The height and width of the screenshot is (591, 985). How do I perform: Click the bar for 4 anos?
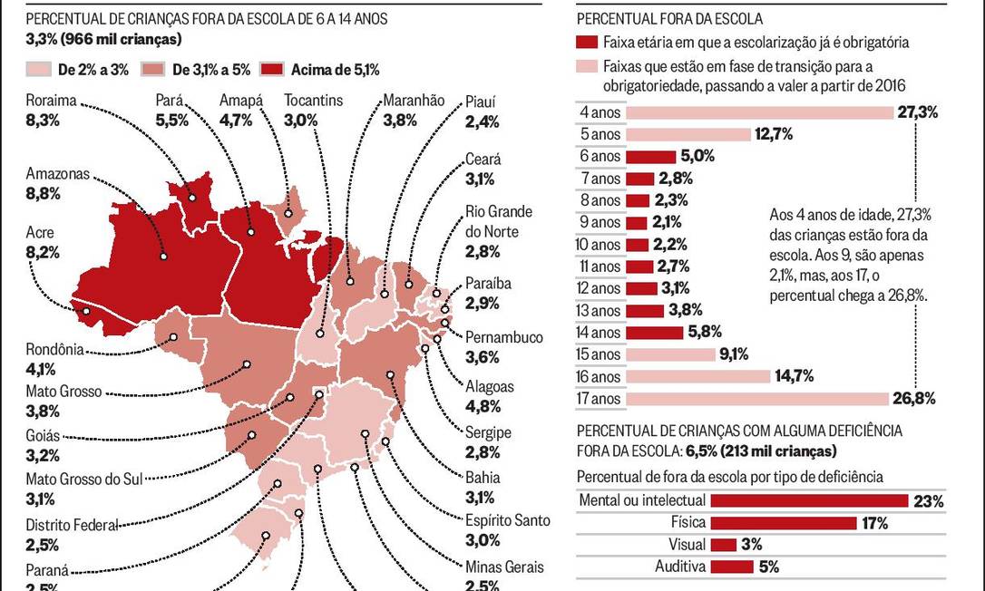click(760, 112)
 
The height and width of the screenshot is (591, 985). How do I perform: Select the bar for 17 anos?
click(756, 399)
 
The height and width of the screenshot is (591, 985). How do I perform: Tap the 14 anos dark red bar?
click(655, 333)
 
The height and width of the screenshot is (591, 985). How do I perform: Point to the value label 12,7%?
click(774, 134)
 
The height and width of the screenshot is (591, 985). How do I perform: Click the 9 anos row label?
click(600, 222)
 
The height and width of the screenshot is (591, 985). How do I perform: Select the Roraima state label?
click(51, 101)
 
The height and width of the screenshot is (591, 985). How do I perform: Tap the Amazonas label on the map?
click(58, 173)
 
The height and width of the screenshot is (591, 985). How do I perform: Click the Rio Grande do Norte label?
click(498, 221)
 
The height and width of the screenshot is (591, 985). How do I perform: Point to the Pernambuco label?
click(503, 337)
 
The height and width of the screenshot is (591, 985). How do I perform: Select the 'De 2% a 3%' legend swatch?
click(37, 69)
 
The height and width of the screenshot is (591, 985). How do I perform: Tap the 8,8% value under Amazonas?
click(44, 192)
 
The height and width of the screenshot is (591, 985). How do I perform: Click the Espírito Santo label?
click(507, 520)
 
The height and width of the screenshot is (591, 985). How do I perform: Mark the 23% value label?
click(929, 501)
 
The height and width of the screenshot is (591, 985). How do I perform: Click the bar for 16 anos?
click(697, 376)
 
